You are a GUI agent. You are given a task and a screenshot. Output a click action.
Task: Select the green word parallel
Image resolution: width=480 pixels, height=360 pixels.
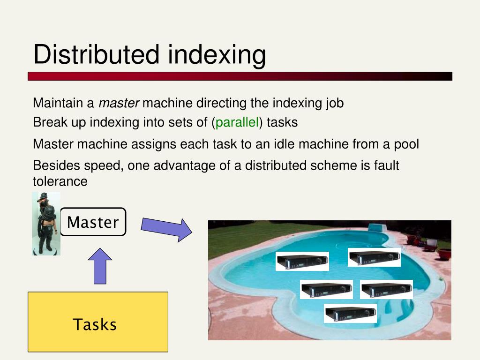(x=237, y=123)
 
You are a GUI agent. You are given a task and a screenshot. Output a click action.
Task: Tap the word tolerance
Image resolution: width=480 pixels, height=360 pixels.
(x=60, y=181)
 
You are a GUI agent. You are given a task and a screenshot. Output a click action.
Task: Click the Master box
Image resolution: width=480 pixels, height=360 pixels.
(x=93, y=222)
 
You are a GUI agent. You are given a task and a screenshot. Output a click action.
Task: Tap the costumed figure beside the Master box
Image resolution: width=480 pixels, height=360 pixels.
(x=46, y=223)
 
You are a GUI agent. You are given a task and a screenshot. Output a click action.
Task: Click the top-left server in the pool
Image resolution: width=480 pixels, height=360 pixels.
(x=302, y=261)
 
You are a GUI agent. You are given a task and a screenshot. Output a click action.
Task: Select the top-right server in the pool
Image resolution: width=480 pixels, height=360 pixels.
(x=374, y=257)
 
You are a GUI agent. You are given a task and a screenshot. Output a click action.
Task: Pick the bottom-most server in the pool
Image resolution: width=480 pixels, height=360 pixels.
(x=350, y=313)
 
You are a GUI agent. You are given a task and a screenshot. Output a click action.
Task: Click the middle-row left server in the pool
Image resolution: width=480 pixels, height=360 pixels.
(x=326, y=289)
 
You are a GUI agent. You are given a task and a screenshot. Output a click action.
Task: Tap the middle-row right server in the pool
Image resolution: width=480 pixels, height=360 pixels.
(x=386, y=289)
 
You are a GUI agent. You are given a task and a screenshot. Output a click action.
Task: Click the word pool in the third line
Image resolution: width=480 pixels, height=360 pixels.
(x=407, y=144)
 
